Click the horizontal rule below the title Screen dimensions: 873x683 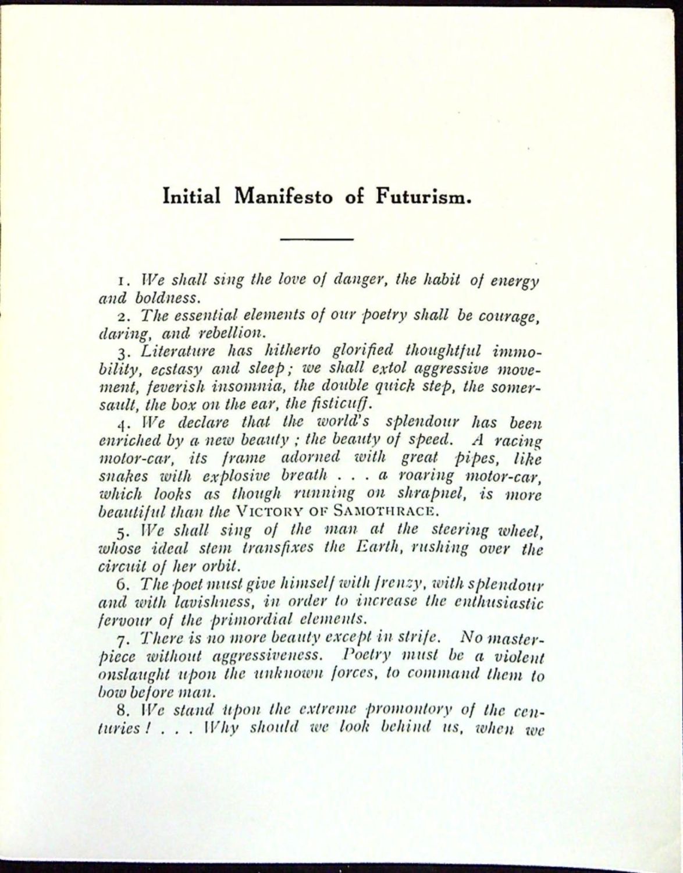316,239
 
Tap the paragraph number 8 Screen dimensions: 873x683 121,711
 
